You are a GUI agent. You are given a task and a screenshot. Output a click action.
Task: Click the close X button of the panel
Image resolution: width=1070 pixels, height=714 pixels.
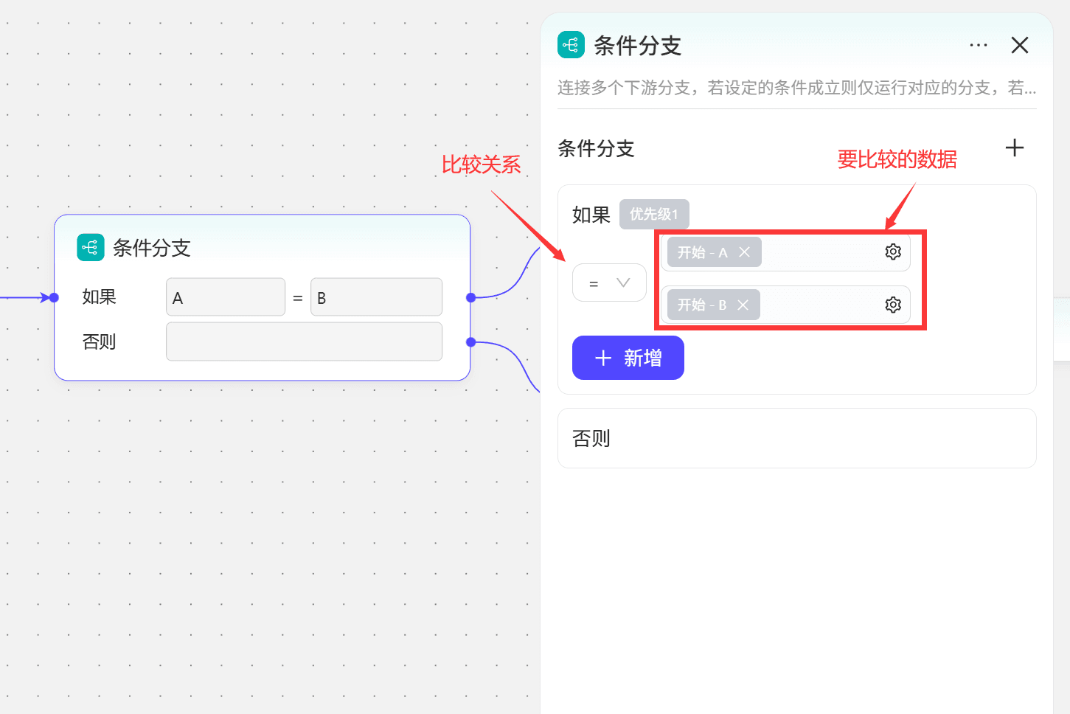(x=1019, y=46)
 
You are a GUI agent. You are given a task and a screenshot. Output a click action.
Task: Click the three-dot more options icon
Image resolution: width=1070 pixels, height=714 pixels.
(x=979, y=46)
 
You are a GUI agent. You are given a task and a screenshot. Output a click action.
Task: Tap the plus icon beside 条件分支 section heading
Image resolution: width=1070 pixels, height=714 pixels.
(x=1015, y=148)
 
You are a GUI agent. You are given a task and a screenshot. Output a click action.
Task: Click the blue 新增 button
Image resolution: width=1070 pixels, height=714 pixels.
(x=628, y=358)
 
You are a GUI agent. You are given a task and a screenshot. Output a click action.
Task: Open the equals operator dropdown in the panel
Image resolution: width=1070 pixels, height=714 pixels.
(x=609, y=283)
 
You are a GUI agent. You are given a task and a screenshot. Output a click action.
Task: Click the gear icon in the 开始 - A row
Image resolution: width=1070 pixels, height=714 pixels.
(x=893, y=252)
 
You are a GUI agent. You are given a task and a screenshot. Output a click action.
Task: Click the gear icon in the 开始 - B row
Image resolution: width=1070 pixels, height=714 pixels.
(x=893, y=304)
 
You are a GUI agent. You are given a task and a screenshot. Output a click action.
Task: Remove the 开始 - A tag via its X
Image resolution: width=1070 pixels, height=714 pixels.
(x=744, y=252)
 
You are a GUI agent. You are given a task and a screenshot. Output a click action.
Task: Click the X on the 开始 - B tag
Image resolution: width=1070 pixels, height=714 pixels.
(x=743, y=305)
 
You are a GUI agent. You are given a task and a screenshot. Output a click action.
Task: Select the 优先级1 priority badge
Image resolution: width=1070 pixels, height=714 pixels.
(x=654, y=214)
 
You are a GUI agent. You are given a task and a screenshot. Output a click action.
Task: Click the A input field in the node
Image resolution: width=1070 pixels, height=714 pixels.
(x=226, y=297)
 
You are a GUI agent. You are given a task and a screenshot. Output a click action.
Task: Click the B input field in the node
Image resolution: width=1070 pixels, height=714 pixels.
(x=376, y=297)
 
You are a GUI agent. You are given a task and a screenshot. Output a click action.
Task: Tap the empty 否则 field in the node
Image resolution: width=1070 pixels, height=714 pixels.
(x=304, y=342)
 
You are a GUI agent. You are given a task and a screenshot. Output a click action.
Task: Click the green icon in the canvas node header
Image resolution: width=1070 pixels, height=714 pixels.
(x=90, y=247)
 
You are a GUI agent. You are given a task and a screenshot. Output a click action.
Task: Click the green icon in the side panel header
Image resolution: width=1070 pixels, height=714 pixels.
(x=571, y=44)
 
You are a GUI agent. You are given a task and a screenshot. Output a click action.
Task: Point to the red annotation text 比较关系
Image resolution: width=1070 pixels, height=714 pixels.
(x=481, y=164)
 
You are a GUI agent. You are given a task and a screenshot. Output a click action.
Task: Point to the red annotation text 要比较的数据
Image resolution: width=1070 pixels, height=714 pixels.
(x=897, y=159)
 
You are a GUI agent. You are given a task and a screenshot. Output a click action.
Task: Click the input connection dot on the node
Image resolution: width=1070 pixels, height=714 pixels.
(x=54, y=298)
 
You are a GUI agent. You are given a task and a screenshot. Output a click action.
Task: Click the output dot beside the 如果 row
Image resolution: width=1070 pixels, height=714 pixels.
(x=471, y=298)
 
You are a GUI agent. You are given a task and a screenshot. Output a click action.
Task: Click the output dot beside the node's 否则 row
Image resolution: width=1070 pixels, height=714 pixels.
(x=471, y=342)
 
